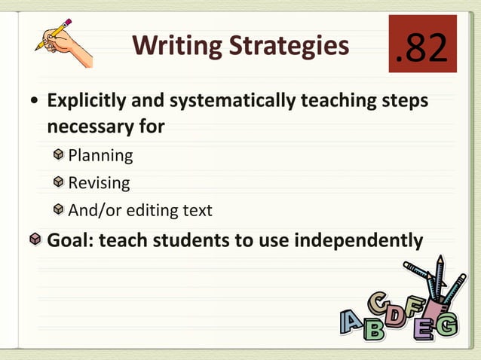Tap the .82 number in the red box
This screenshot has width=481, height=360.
[x=422, y=46]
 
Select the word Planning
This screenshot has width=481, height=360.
[x=100, y=156]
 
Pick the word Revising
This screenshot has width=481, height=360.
[x=99, y=183]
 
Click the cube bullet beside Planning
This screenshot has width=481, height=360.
[x=59, y=155]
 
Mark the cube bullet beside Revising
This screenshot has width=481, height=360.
[x=59, y=182]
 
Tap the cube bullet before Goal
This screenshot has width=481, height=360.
[x=35, y=240]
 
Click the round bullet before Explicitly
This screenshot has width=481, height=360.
[x=35, y=102]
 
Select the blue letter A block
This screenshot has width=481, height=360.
[x=351, y=323]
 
